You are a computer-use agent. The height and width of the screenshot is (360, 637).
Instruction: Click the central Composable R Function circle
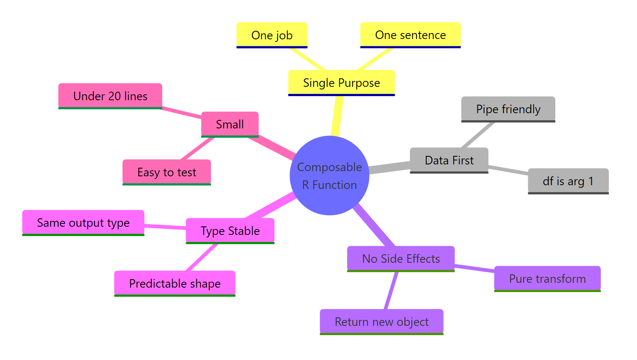tap(329, 176)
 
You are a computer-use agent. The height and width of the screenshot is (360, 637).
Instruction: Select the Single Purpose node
tap(341, 83)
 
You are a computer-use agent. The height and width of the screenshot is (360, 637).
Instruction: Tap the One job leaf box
tap(272, 35)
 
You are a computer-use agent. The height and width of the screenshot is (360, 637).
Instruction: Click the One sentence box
tap(410, 35)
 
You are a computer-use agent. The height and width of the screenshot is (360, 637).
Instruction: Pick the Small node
tap(230, 124)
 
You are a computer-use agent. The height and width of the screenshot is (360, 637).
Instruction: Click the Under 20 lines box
tap(110, 96)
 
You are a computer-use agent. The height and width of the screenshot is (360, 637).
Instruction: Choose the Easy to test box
tap(167, 172)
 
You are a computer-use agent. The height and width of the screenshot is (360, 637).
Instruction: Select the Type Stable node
tap(230, 231)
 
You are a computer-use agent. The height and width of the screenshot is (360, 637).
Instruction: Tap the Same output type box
tap(83, 223)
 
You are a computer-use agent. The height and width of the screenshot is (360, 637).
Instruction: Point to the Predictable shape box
tap(174, 284)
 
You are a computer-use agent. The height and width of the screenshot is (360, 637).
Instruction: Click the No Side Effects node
tap(401, 259)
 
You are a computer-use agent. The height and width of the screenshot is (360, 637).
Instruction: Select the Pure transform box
tap(547, 279)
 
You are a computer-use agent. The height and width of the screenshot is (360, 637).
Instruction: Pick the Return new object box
tap(381, 322)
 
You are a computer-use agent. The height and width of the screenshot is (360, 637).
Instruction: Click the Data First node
tap(449, 160)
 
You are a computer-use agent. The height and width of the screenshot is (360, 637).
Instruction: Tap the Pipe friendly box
tap(508, 109)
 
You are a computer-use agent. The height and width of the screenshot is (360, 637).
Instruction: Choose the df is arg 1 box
tap(568, 181)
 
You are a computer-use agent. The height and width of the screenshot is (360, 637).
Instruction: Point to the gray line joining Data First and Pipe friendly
tap(478, 135)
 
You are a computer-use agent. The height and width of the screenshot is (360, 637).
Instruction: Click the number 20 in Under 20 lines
tap(115, 96)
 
